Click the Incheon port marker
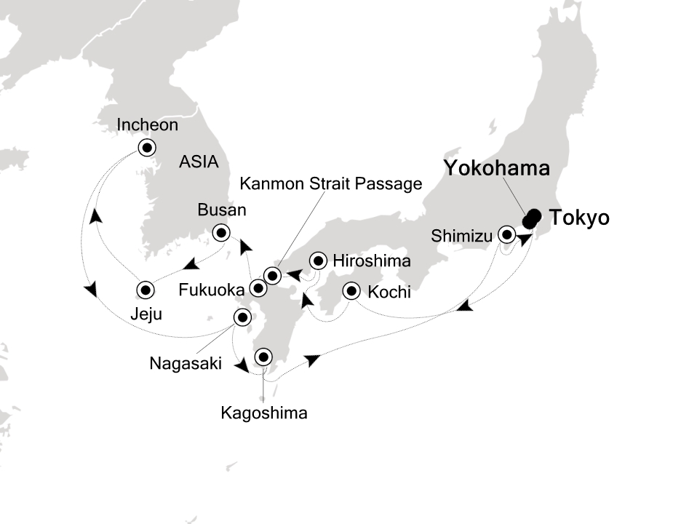tap(147, 148)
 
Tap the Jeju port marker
tap(146, 290)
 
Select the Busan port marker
tap(220, 234)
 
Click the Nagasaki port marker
tap(242, 317)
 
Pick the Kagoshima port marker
tap(263, 357)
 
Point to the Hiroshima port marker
tap(318, 261)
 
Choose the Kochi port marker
tap(352, 291)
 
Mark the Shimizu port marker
tap(506, 234)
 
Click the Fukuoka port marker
tap(258, 289)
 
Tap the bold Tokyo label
tap(579, 218)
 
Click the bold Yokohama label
tap(496, 170)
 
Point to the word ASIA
tap(199, 162)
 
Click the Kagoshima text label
tap(264, 413)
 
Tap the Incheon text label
tap(147, 125)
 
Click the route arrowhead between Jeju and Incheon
tap(95, 215)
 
